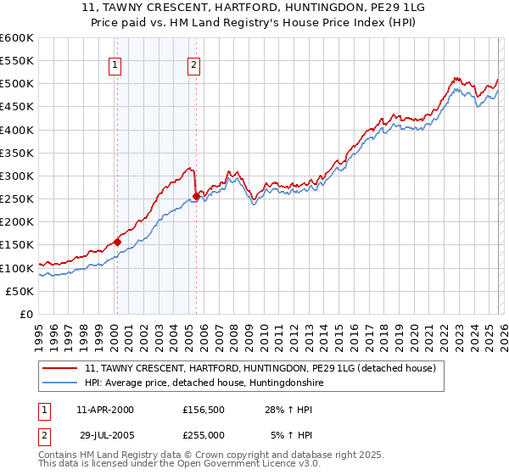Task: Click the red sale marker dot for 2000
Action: [x=117, y=242]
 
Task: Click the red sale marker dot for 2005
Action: [x=196, y=197]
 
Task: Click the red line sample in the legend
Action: [x=61, y=368]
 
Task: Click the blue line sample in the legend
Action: [x=61, y=383]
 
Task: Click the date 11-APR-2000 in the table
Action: [x=104, y=410]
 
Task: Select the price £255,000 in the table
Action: [x=204, y=434]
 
